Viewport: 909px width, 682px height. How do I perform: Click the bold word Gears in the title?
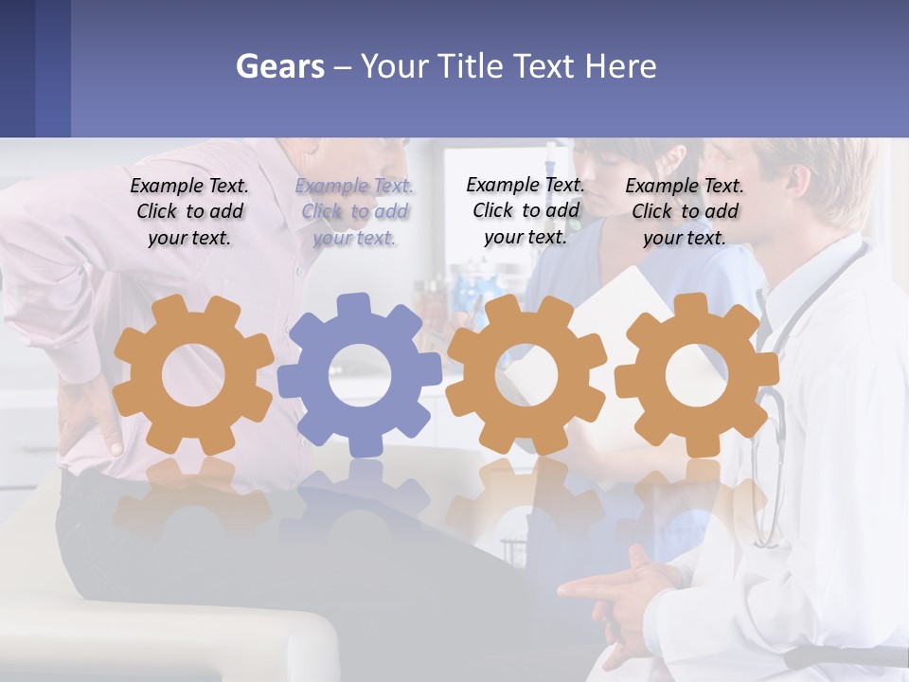tap(279, 66)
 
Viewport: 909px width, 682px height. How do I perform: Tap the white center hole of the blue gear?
tap(360, 375)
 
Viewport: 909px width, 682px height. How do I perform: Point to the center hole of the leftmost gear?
tap(193, 375)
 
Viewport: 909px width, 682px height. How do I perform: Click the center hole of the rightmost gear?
tap(696, 375)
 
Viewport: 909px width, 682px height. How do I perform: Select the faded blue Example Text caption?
tap(354, 212)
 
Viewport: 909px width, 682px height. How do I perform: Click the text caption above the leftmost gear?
tap(189, 212)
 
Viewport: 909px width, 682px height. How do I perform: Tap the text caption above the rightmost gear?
tap(685, 212)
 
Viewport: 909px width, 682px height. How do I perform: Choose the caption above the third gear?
tap(526, 210)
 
